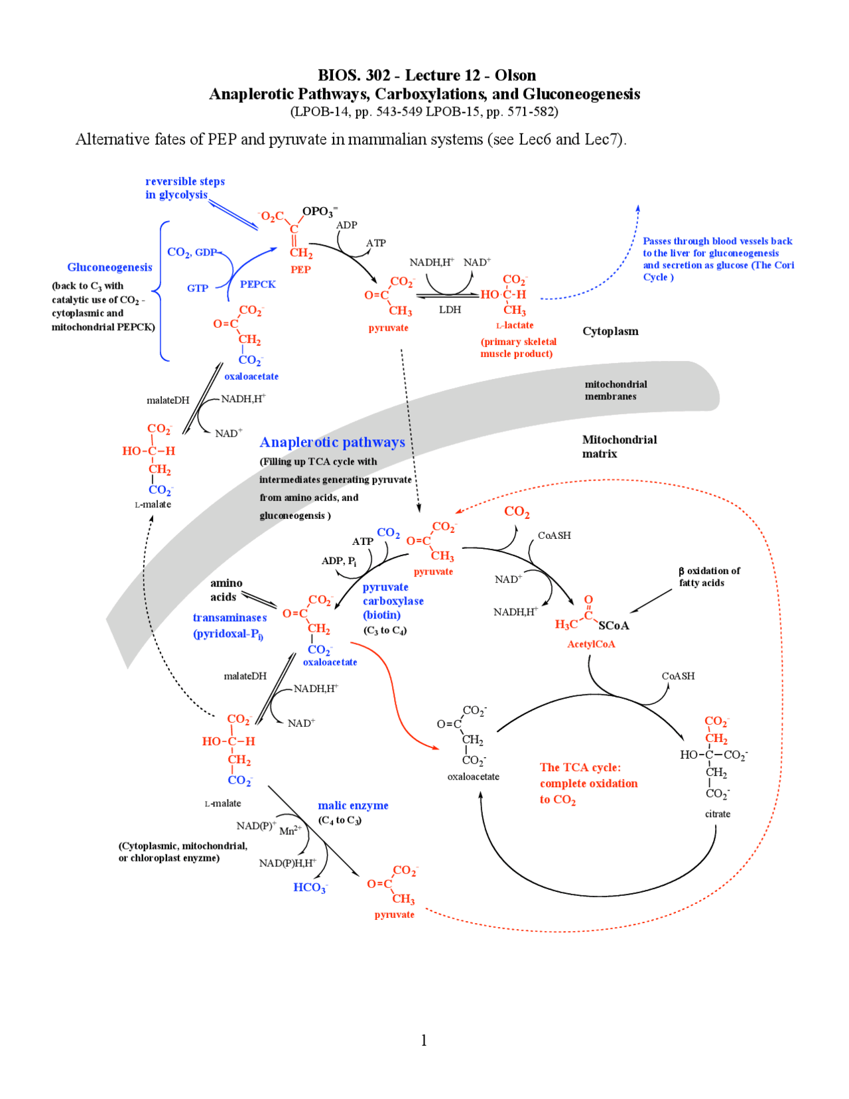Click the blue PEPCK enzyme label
[257, 284]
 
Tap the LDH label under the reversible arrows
[450, 310]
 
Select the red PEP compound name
[300, 269]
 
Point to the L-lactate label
[515, 325]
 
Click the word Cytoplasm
[610, 331]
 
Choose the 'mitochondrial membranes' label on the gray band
[615, 390]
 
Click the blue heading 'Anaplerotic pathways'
[332, 442]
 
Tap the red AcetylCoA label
[591, 644]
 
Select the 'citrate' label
[717, 814]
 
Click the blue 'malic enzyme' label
[353, 806]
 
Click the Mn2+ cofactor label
[290, 831]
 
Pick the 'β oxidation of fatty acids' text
[708, 577]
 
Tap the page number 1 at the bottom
[424, 1040]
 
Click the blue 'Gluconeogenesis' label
[109, 267]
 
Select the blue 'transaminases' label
[229, 618]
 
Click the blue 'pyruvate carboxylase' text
[393, 594]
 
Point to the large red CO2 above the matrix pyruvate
[517, 512]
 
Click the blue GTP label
[197, 288]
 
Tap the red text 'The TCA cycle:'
[580, 767]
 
